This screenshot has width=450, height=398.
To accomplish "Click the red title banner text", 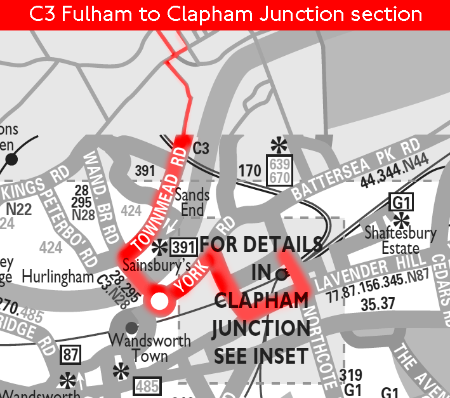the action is [x=225, y=14].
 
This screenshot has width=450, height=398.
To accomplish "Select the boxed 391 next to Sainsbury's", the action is [x=183, y=248].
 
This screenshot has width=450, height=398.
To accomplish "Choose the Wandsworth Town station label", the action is [x=149, y=347].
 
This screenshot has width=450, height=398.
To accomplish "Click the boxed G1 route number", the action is [x=400, y=202].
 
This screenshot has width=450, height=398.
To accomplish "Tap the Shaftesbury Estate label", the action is [x=400, y=240].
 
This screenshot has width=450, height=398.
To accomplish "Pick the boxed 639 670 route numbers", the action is [x=279, y=169].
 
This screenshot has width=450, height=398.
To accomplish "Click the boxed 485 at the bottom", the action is [x=147, y=385].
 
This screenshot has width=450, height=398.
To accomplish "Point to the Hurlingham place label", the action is [x=58, y=277].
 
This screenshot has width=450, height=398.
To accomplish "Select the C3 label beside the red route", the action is [x=201, y=149].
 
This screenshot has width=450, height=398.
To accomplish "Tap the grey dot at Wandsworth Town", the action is [x=131, y=328].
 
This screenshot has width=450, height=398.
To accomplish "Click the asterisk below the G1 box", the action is [x=400, y=221].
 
